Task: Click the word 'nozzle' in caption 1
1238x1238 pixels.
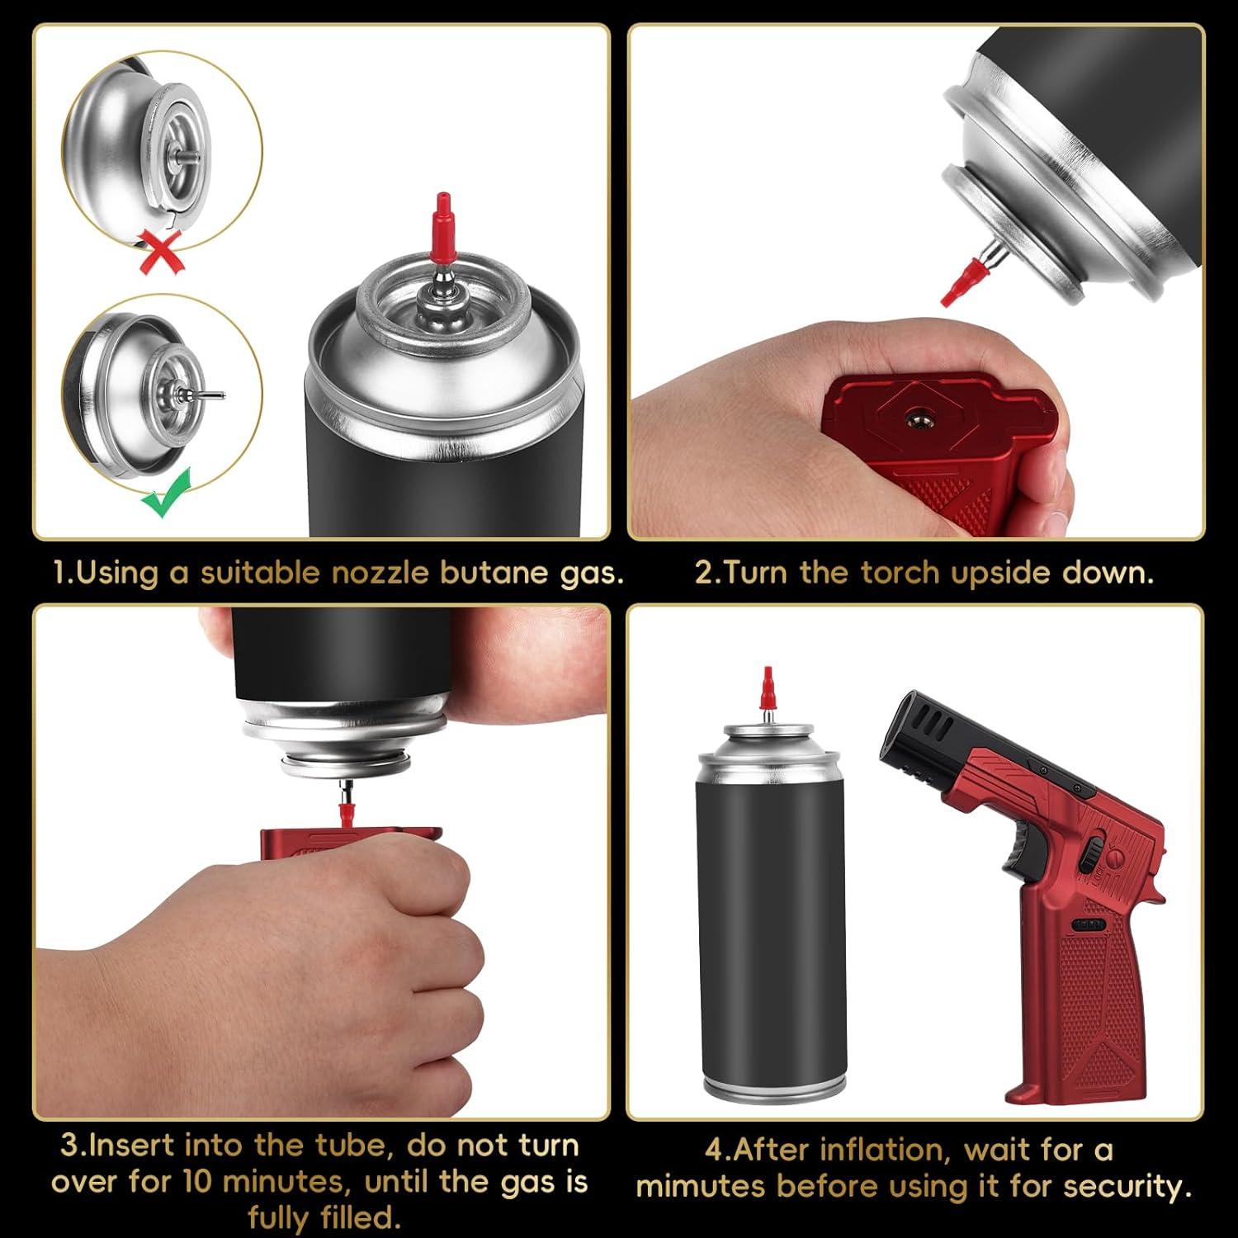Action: (380, 573)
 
